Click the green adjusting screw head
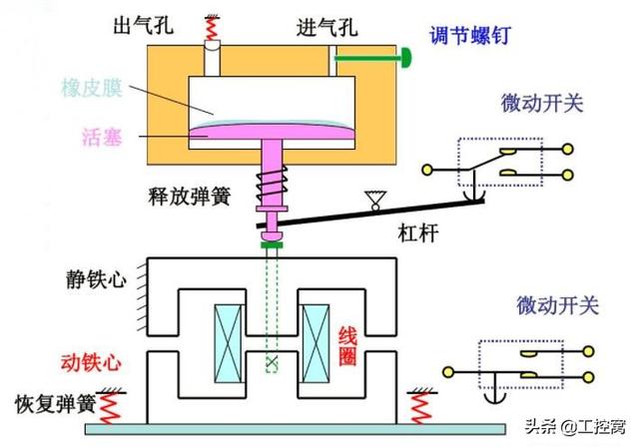[x=407, y=59]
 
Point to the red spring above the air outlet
[x=212, y=30]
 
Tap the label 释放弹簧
[x=194, y=196]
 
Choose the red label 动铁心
[x=98, y=361]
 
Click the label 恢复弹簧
[x=54, y=404]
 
